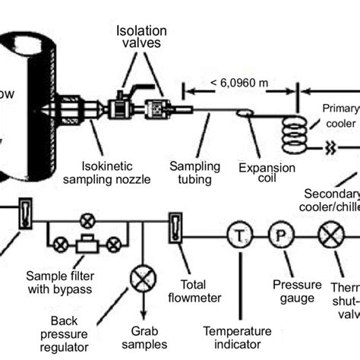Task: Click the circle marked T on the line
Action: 241,235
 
